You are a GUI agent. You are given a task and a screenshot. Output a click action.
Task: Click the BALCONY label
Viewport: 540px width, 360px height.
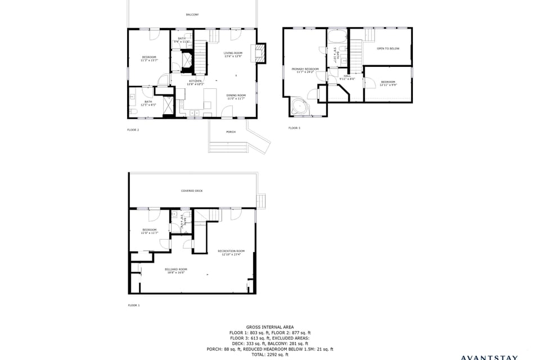tap(192, 15)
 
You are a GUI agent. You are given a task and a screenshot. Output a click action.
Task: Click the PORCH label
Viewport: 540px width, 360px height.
tap(231, 132)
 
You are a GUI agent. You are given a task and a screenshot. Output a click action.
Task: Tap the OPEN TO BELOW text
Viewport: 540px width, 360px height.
tap(388, 49)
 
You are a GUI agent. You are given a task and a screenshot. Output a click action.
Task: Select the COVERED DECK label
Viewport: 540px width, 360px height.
tap(192, 191)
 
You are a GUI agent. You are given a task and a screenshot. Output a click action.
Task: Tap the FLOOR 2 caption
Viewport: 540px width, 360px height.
tap(133, 129)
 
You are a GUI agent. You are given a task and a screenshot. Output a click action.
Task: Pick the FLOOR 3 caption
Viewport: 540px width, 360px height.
tap(294, 128)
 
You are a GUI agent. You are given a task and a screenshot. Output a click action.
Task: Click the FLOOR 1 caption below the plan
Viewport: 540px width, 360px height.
tap(133, 305)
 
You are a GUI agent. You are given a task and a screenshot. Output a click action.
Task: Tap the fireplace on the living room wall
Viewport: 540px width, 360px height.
tap(260, 53)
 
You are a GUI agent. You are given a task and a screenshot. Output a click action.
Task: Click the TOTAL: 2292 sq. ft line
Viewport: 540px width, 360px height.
tap(269, 354)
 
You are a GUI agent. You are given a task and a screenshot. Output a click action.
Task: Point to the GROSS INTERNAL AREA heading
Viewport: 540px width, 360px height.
tap(269, 327)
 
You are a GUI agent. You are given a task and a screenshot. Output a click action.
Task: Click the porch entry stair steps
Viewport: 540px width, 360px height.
tap(228, 147)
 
